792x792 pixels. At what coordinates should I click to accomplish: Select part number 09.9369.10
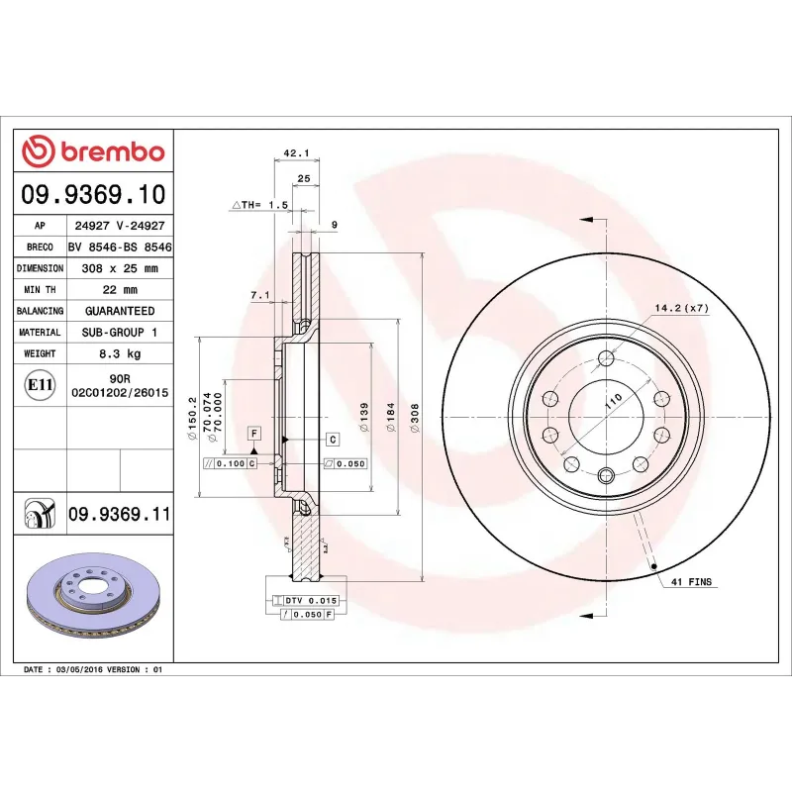pos(93,194)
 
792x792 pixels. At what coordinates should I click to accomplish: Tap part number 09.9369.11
pos(120,515)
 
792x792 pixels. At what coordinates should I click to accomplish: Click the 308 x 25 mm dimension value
pos(119,268)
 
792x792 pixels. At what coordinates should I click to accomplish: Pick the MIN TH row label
pos(40,290)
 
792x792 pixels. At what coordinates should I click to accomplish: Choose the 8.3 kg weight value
pos(119,353)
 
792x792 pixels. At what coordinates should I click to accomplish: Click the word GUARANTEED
pos(119,311)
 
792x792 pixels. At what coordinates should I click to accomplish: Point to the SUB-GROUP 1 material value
pos(119,333)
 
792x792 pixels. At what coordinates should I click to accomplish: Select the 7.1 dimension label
pos(260,295)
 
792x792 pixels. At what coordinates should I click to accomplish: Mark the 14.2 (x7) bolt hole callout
pos(682,309)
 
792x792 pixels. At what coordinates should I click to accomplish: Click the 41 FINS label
pos(692,583)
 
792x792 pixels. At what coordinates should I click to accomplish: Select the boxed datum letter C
pos(332,439)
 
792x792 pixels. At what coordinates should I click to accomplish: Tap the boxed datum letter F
pos(254,434)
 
